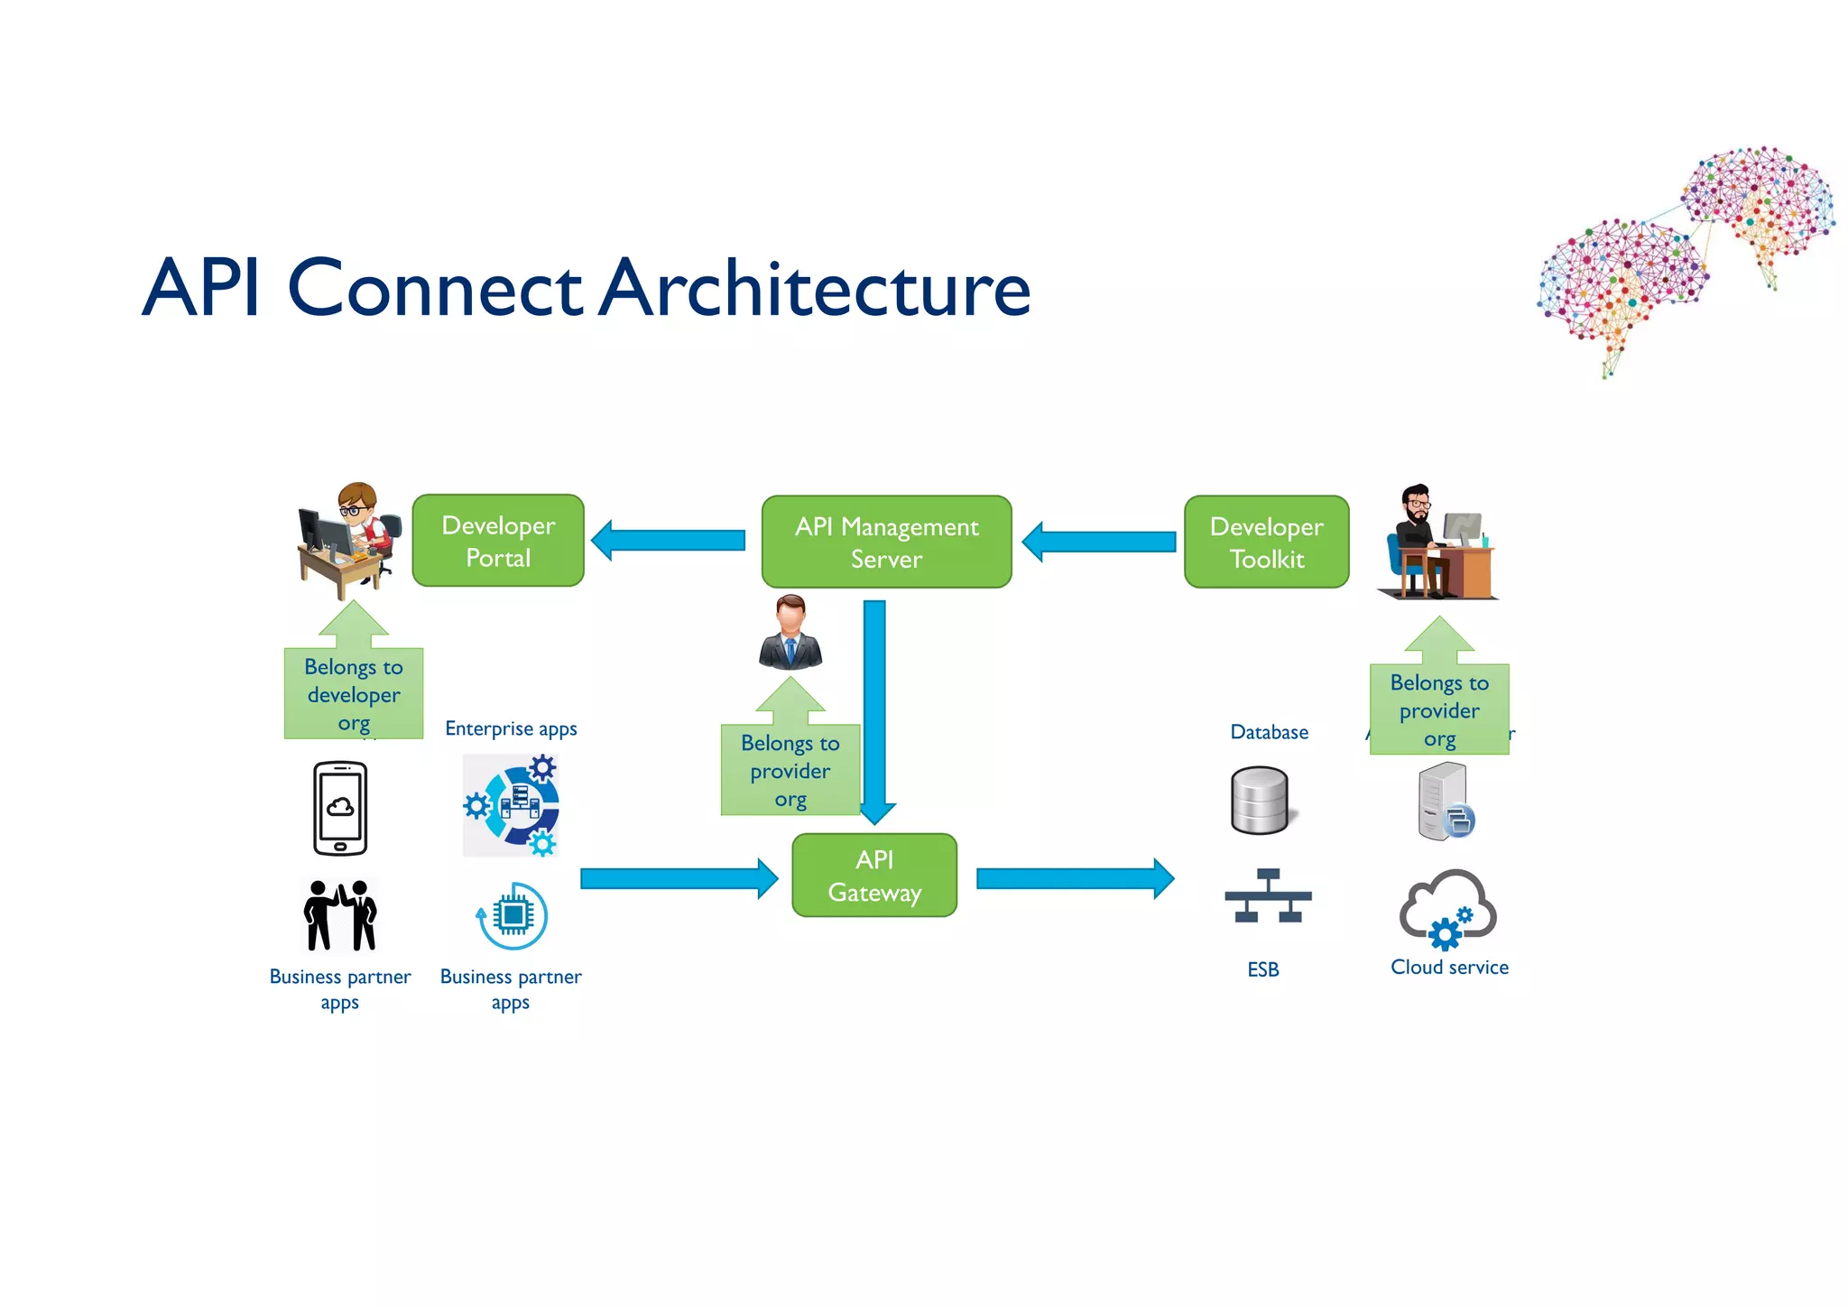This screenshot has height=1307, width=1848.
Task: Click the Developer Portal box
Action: tap(498, 541)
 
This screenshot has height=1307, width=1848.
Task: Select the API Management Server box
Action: tap(886, 542)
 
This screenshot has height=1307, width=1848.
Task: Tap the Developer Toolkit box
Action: tap(1266, 542)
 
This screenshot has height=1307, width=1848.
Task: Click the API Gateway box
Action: tap(873, 876)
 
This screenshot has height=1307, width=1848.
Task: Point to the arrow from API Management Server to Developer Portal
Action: tap(669, 541)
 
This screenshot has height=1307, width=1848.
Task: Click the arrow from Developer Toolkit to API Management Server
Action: tap(1098, 542)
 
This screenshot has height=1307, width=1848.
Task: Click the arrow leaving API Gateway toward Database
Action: tap(1075, 878)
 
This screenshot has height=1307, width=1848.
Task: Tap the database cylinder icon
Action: tap(1260, 801)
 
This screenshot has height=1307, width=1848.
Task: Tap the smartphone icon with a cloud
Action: tap(340, 808)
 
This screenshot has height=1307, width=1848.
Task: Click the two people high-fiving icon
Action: tap(340, 915)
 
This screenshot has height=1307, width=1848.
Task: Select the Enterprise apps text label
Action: tap(511, 728)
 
